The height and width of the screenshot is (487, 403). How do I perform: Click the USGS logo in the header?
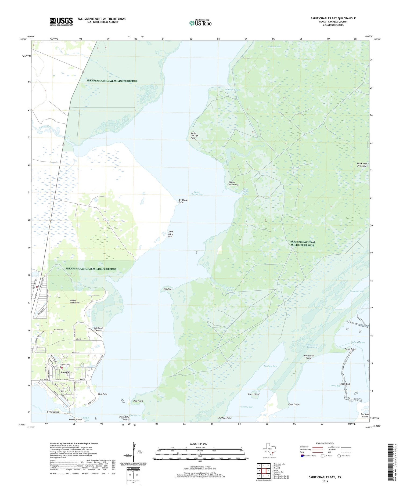coord(61,21)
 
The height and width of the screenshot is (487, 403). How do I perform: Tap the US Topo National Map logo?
coord(200,23)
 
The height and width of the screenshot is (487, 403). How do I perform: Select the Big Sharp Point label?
coord(183,201)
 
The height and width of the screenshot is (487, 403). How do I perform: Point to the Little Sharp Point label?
coord(170,234)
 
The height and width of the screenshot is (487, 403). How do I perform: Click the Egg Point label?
coord(168,289)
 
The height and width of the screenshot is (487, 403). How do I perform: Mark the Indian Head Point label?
coord(234,183)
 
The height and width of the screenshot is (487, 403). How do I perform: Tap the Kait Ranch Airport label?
coord(99,329)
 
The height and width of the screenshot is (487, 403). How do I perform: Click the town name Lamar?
coord(65,373)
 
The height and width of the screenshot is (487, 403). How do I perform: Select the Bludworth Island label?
coord(308,357)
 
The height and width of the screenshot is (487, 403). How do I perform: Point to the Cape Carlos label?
coord(294,404)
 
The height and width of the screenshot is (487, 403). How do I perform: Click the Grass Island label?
coord(254,394)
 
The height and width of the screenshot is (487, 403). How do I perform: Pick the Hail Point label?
coord(103,394)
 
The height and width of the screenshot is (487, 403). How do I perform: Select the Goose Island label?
coord(53,412)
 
